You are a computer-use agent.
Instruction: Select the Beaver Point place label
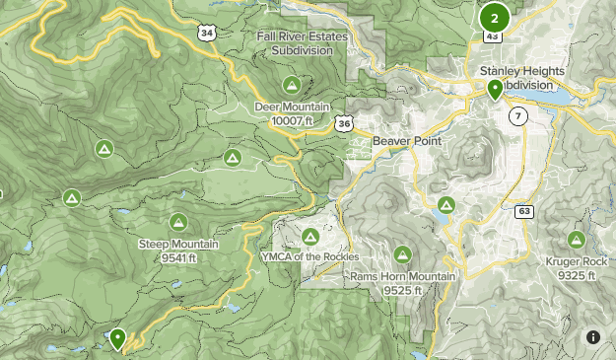point(403,142)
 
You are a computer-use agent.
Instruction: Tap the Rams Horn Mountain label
point(403,277)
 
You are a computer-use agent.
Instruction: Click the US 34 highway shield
point(206,33)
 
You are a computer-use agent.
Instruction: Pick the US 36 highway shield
point(342,123)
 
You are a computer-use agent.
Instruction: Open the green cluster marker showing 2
point(494,18)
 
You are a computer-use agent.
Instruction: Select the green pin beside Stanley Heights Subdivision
point(494,89)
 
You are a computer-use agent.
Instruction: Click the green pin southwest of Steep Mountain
point(117,338)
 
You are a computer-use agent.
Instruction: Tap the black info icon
point(592,337)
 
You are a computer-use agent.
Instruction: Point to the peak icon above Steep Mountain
point(178,221)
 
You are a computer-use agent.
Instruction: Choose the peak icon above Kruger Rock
point(577,239)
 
